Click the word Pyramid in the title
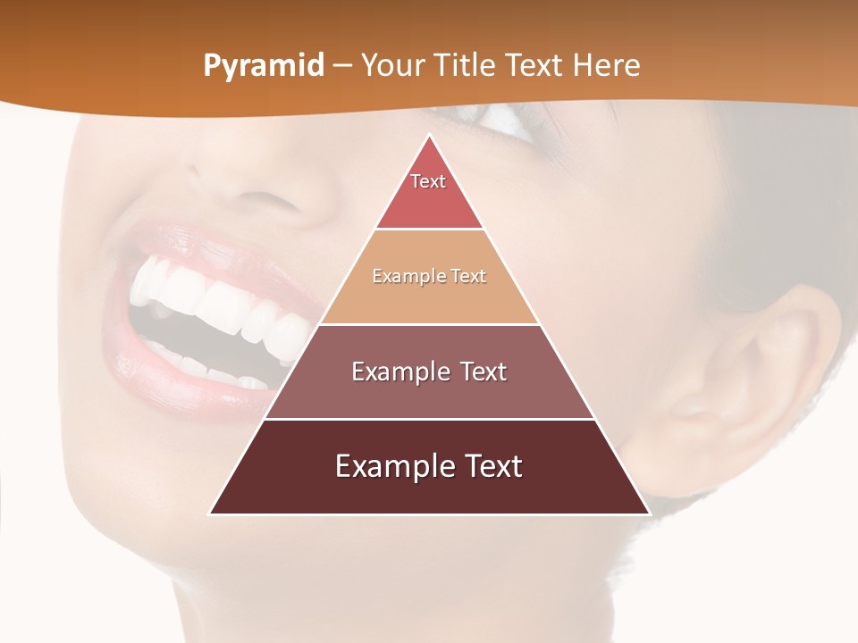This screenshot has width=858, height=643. [264, 66]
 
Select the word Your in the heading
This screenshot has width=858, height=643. [392, 65]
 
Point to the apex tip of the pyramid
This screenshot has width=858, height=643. [429, 136]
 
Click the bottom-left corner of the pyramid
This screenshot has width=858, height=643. [211, 514]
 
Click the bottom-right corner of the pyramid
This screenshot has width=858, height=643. [648, 514]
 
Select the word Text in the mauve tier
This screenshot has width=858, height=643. [482, 372]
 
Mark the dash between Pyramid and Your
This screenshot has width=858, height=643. [342, 66]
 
